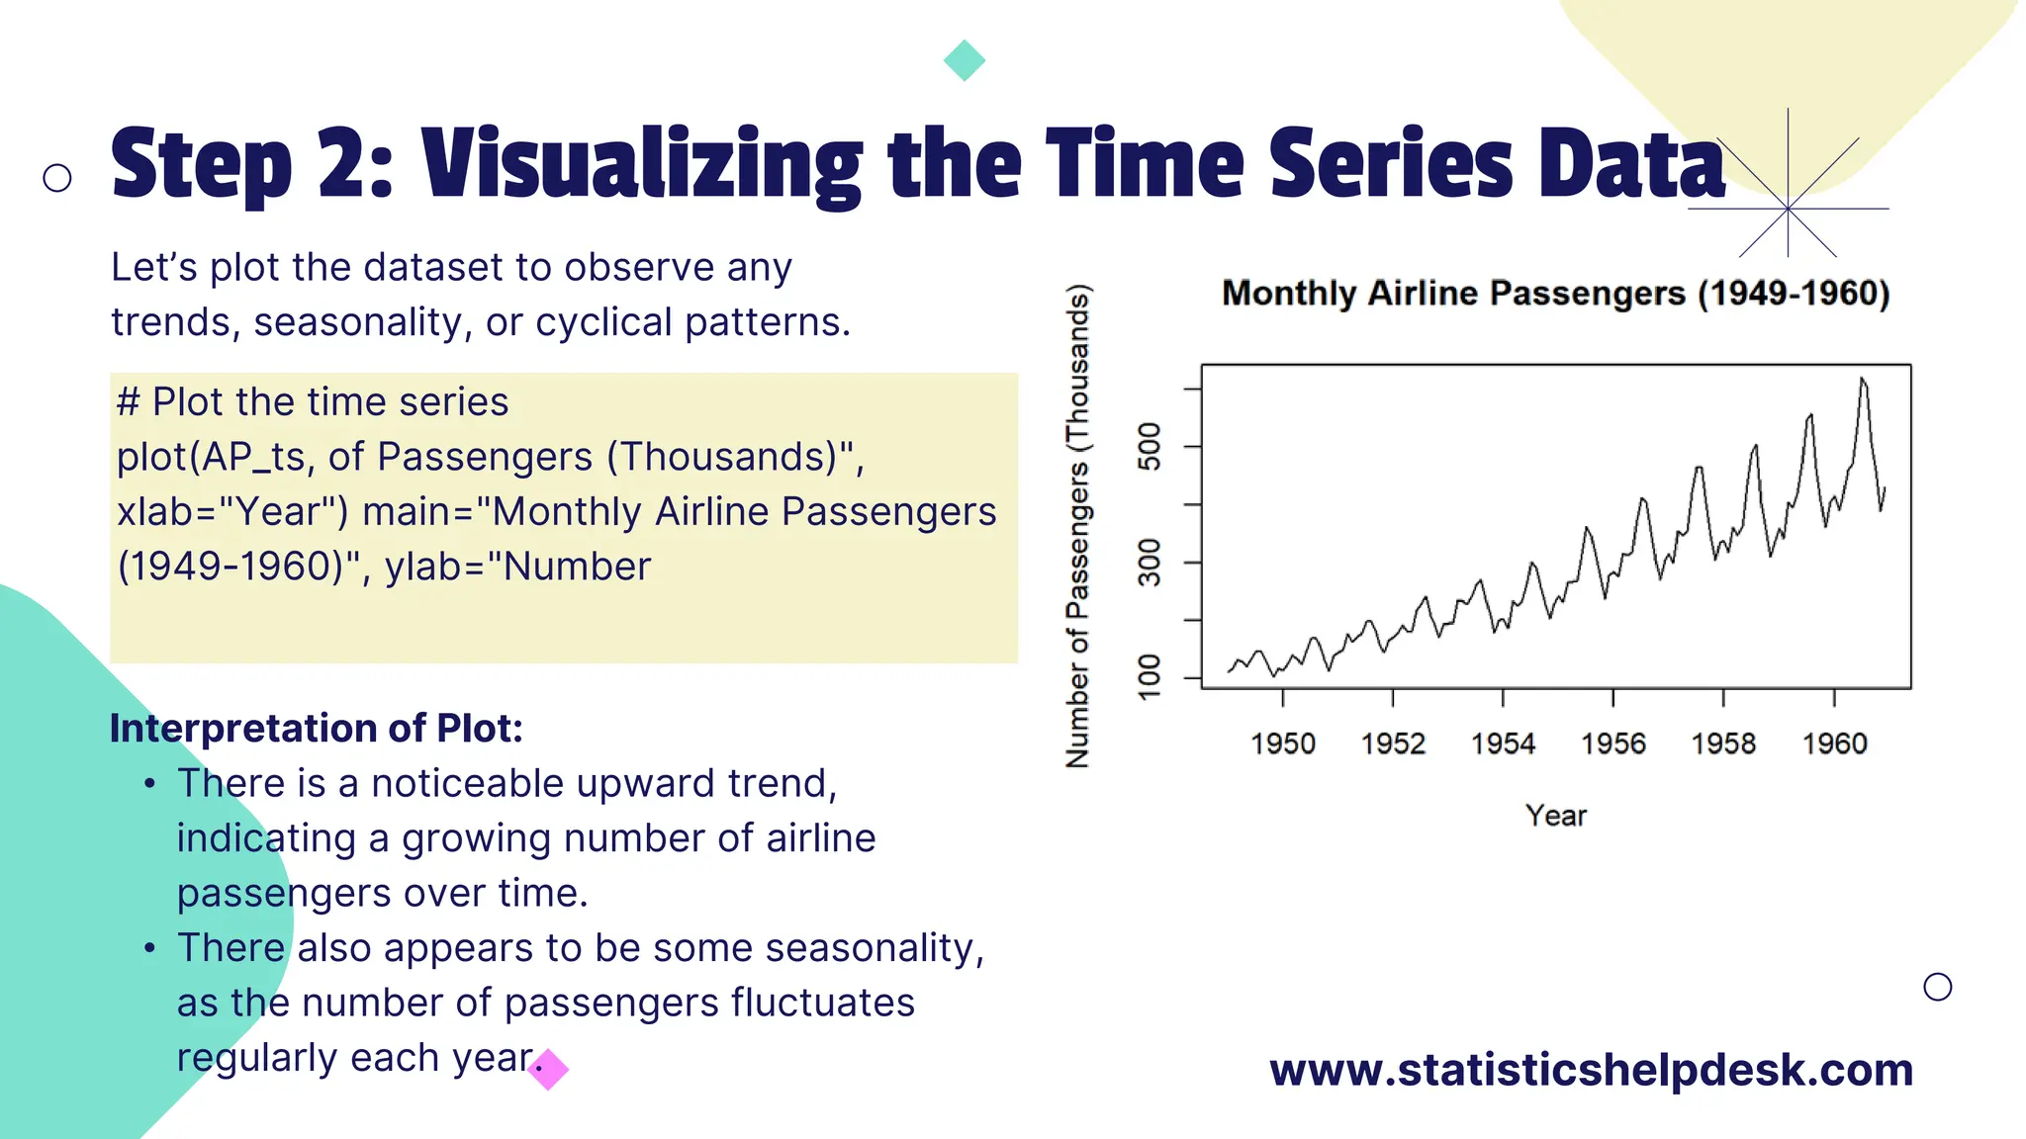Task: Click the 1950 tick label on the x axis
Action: pyautogui.click(x=1283, y=744)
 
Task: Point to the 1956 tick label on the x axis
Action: pyautogui.click(x=1613, y=744)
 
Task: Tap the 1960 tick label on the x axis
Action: pyautogui.click(x=1835, y=744)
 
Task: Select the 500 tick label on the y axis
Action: pyautogui.click(x=1150, y=447)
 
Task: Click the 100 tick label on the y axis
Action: pyautogui.click(x=1150, y=677)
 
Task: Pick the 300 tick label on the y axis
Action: pyautogui.click(x=1150, y=563)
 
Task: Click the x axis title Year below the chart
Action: pyautogui.click(x=1556, y=816)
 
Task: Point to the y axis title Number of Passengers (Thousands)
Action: pyautogui.click(x=1077, y=526)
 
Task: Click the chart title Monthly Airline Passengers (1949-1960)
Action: pyautogui.click(x=1556, y=294)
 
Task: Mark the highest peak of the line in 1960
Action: pyautogui.click(x=1862, y=379)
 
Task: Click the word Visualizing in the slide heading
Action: pyautogui.click(x=641, y=165)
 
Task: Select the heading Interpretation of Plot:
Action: pyautogui.click(x=316, y=729)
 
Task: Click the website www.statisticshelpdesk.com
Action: pyautogui.click(x=1591, y=1070)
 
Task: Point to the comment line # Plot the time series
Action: pyautogui.click(x=313, y=402)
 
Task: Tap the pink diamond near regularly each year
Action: pyautogui.click(x=549, y=1069)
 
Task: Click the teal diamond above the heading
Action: pyautogui.click(x=965, y=60)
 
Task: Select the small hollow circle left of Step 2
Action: pyautogui.click(x=57, y=178)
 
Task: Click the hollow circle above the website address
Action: pyautogui.click(x=1938, y=987)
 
